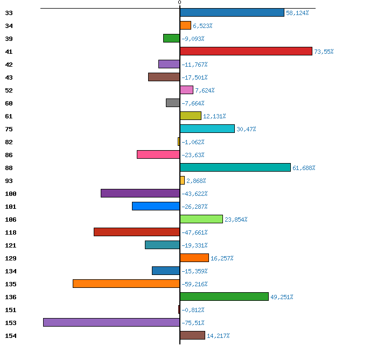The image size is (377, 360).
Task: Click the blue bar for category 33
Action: [x=232, y=12]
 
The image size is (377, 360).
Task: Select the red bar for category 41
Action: [x=246, y=51]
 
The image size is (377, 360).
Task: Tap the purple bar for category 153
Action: [x=111, y=322]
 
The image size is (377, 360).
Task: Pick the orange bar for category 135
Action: [x=127, y=284]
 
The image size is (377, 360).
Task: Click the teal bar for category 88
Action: [x=235, y=167]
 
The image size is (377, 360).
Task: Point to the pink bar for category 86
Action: [x=158, y=154]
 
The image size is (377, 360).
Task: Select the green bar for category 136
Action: [x=224, y=297]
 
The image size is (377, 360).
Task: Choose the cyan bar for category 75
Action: [x=207, y=129]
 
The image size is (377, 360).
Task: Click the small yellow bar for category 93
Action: [x=182, y=180]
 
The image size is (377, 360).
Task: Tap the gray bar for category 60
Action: [x=173, y=103]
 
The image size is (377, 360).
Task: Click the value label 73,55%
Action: [x=324, y=52]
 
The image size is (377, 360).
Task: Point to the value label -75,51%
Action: [x=193, y=323]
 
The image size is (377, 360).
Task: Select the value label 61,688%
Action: [x=304, y=168]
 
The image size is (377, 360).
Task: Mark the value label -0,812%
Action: [x=193, y=310]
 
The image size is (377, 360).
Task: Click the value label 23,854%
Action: [x=236, y=220]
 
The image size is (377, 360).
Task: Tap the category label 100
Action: [x=11, y=194]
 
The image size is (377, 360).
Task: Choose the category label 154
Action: [x=11, y=336]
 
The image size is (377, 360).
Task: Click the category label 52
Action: [x=9, y=90]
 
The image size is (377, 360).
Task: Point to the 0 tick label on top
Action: [x=179, y=2]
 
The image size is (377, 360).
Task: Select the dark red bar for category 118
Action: [x=137, y=232]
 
